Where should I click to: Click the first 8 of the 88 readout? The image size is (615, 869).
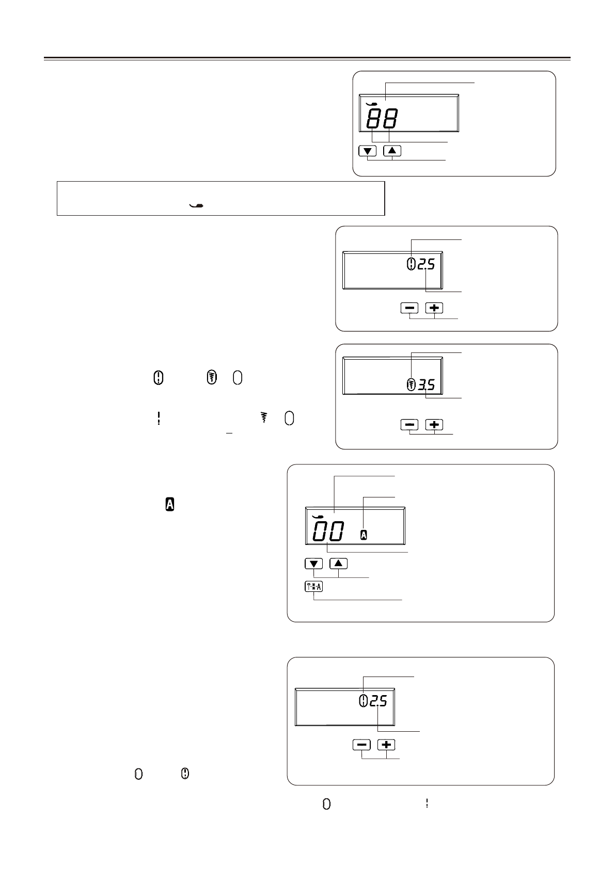click(x=374, y=119)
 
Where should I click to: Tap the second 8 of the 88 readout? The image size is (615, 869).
click(x=390, y=119)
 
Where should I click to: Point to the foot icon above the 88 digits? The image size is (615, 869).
click(x=371, y=104)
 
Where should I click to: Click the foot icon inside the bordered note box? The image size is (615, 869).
click(x=197, y=206)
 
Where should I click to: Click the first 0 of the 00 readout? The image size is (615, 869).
click(x=319, y=532)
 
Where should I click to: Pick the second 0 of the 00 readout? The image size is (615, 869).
click(x=336, y=532)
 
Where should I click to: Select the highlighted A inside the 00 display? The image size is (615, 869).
click(x=364, y=536)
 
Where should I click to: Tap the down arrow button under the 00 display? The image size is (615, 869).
click(x=314, y=564)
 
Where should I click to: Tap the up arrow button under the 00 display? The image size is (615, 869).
click(x=338, y=564)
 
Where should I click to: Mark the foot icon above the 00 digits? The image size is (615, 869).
click(x=318, y=516)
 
